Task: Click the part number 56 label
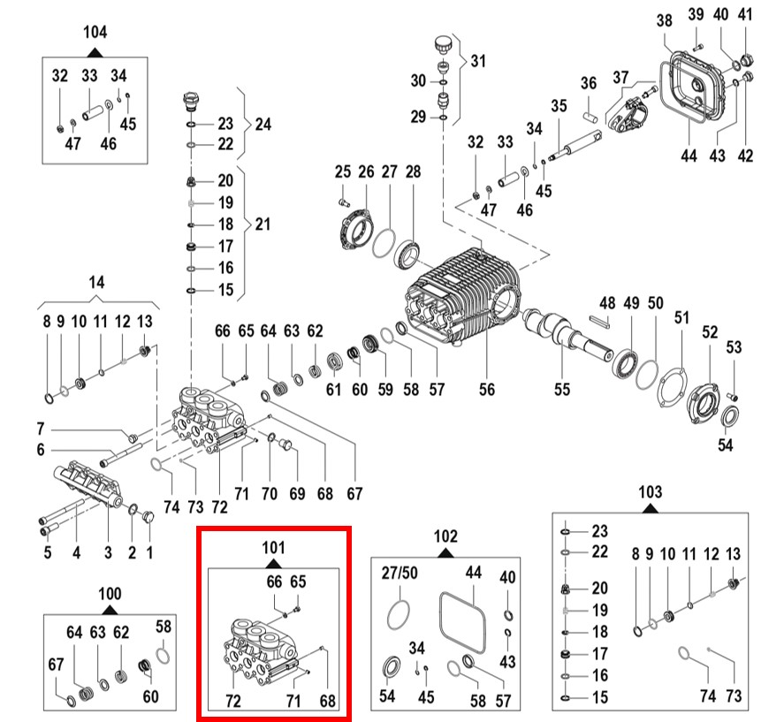pyautogui.click(x=487, y=389)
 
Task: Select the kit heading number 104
pyautogui.click(x=95, y=32)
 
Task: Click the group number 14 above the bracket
pyautogui.click(x=97, y=282)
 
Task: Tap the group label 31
pyautogui.click(x=478, y=61)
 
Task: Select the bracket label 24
pyautogui.click(x=263, y=124)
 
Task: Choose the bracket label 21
pyautogui.click(x=263, y=224)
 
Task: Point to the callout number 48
pyautogui.click(x=607, y=302)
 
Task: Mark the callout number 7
pyautogui.click(x=40, y=429)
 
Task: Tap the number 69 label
pyautogui.click(x=297, y=492)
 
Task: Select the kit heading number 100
pyautogui.click(x=110, y=593)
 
